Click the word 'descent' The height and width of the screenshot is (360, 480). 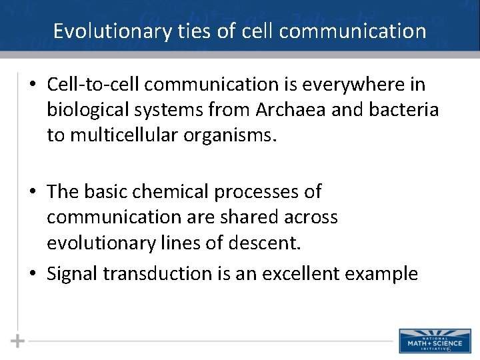pyautogui.click(x=263, y=243)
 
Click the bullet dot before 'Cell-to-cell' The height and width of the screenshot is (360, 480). pyautogui.click(x=32, y=85)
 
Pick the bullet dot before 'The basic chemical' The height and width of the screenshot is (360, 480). pyautogui.click(x=32, y=193)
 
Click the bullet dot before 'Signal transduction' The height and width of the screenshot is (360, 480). pyautogui.click(x=32, y=274)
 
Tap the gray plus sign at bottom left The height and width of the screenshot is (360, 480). pyautogui.click(x=18, y=341)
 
